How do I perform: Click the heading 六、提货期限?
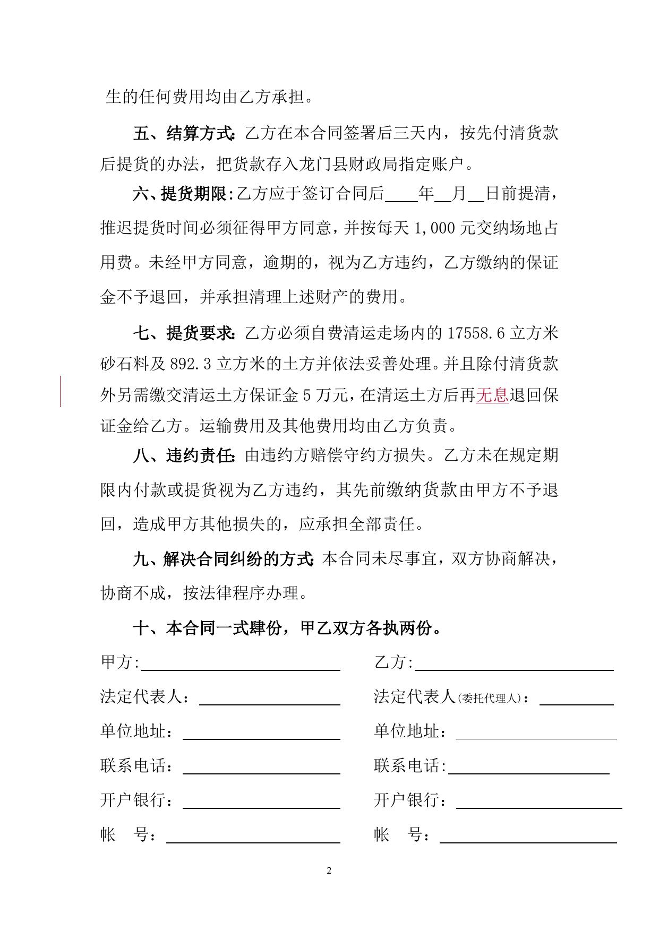click(x=180, y=194)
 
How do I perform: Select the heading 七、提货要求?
click(x=184, y=333)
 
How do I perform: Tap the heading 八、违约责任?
click(x=184, y=455)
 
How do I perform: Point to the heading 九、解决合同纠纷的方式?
click(x=222, y=559)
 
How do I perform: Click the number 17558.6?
click(x=476, y=333)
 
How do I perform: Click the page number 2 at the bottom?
click(x=329, y=870)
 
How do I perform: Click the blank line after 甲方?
click(x=241, y=667)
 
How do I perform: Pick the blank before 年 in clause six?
click(x=401, y=197)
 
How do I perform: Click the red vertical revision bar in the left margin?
click(x=60, y=391)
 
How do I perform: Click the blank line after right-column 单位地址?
click(x=536, y=735)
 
